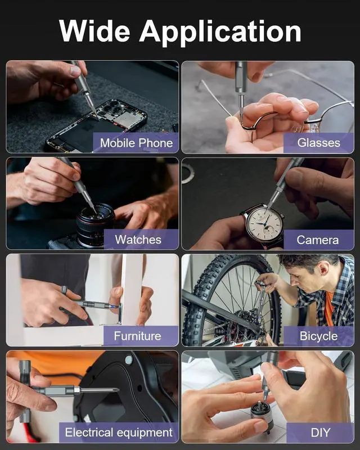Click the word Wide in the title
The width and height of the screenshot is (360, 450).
point(94,31)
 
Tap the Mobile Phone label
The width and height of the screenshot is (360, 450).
point(136,143)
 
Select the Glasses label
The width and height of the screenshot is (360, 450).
point(319,143)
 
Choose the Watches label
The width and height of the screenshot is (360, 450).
point(138,240)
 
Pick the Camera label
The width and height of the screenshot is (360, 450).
point(317,240)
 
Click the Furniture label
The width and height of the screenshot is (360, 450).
point(137,336)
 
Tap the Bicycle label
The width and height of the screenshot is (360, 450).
point(319,336)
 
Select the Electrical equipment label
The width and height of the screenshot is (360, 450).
point(119,432)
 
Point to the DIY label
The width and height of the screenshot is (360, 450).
point(321,433)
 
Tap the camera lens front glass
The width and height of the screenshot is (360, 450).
point(95,215)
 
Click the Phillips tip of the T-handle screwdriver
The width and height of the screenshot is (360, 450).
point(115,389)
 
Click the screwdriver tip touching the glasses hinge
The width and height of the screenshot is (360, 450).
point(241,118)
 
